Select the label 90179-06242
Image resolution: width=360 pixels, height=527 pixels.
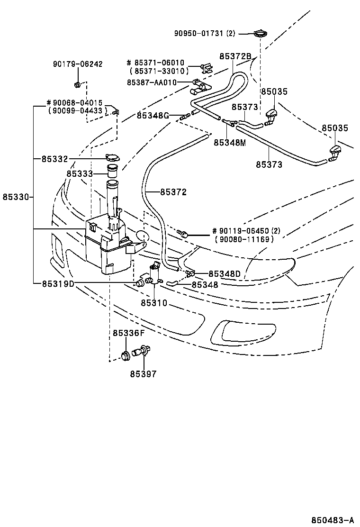pos(78,64)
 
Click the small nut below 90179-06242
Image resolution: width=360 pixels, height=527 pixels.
pos(77,85)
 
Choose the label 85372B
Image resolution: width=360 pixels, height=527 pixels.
pos(235,56)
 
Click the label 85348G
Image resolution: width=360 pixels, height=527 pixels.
pos(153,115)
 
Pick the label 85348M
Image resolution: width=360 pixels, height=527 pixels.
pos(229,142)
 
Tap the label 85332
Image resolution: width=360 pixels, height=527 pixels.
pos(54,158)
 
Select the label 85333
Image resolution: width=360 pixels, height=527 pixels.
pos(80,174)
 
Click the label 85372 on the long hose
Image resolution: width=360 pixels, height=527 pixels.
pos(173,192)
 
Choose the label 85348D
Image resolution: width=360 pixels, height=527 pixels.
pos(224,273)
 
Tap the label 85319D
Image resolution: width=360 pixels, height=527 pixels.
pos(58,283)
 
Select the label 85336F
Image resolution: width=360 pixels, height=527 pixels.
pos(128,333)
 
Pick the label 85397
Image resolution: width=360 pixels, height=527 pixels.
pos(143,374)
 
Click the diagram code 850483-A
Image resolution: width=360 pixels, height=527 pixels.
pos(333,519)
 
